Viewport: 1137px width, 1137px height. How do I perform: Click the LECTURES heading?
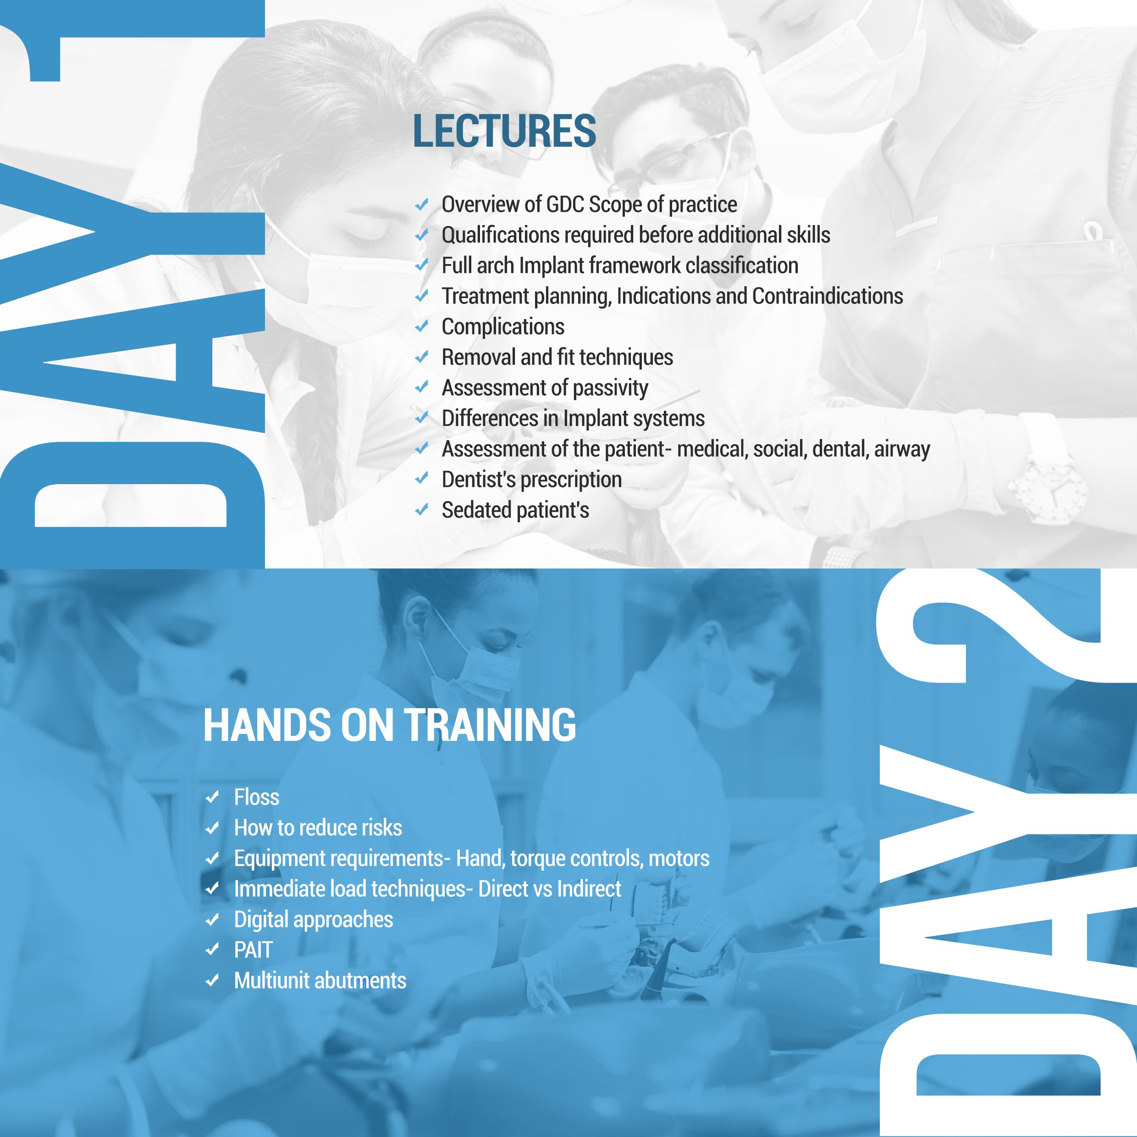(x=504, y=131)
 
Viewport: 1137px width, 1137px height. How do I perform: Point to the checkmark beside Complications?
(x=421, y=326)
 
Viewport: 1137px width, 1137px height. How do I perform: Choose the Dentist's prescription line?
(x=532, y=480)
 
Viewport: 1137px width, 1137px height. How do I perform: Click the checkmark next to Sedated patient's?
(x=421, y=510)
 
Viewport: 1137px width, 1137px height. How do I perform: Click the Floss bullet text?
(x=257, y=797)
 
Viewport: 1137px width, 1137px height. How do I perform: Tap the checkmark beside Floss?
(x=212, y=797)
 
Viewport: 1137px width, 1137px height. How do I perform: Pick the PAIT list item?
(x=254, y=950)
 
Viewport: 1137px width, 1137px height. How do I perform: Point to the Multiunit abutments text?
(x=320, y=981)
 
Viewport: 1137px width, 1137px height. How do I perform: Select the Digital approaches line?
(x=314, y=920)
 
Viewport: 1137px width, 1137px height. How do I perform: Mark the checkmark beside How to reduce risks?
(x=212, y=828)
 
